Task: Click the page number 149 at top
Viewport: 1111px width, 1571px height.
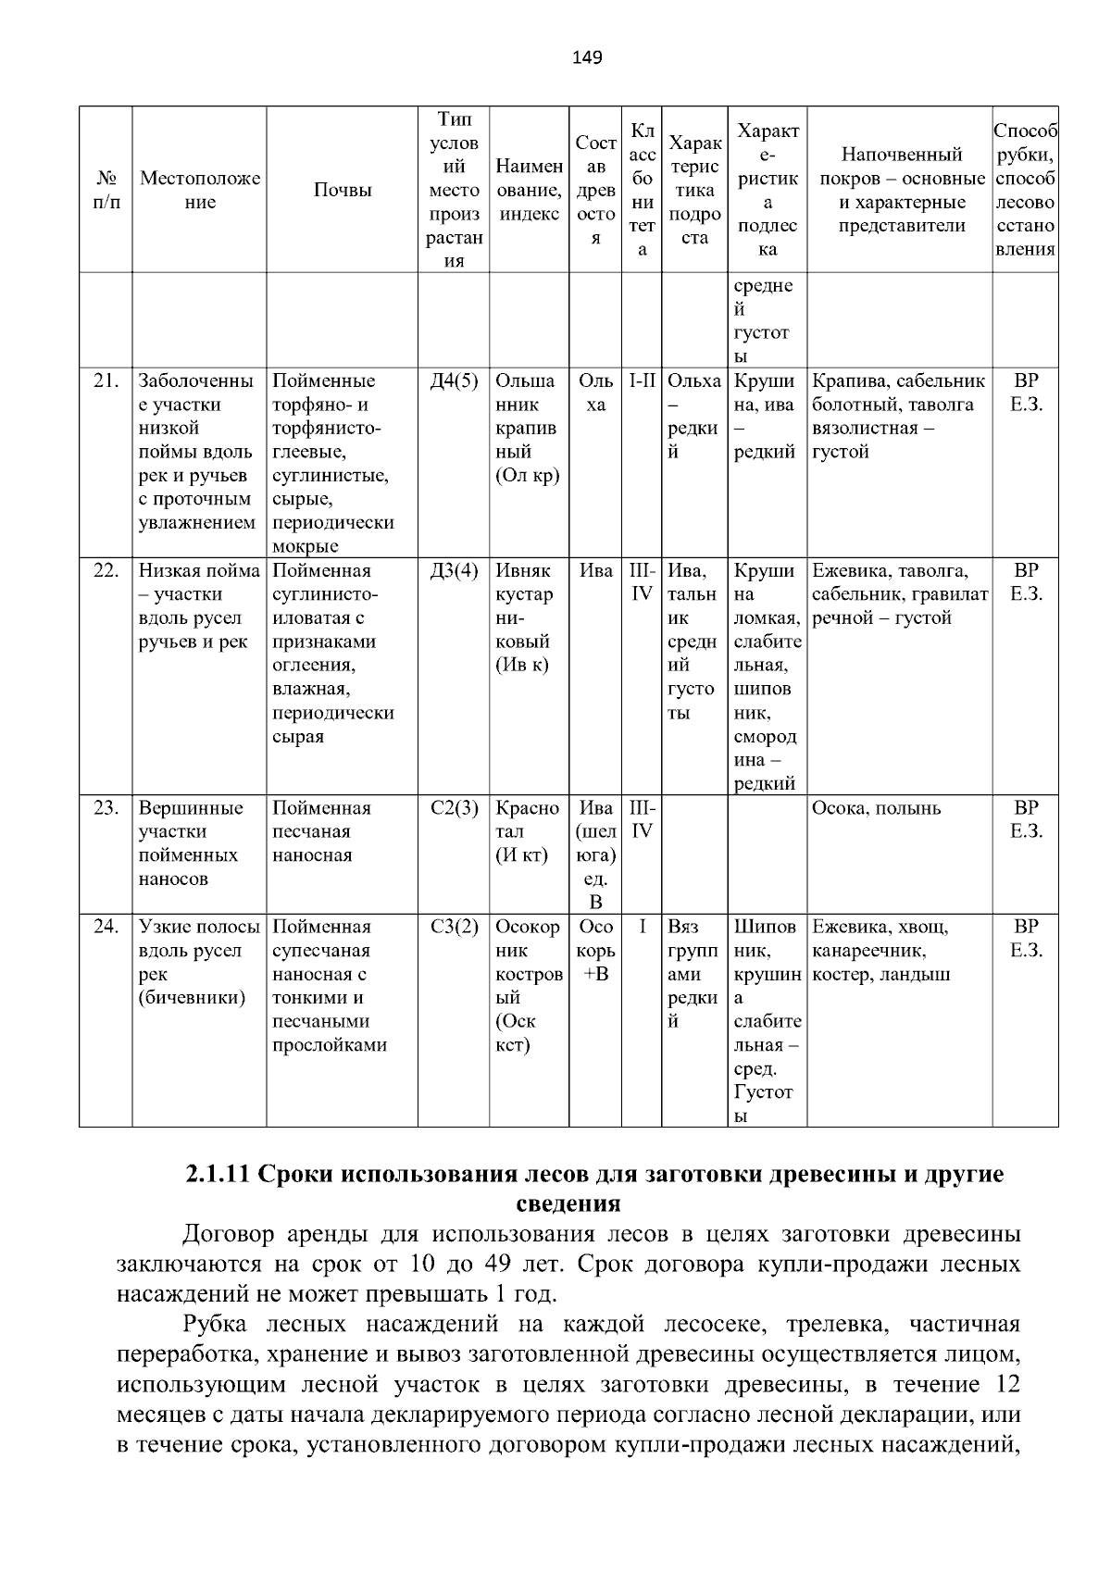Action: (586, 58)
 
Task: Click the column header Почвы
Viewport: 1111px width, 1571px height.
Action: (342, 190)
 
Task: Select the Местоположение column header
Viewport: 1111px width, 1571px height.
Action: (199, 190)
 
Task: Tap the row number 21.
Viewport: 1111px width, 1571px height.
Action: (106, 380)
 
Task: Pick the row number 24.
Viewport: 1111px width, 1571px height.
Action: (106, 927)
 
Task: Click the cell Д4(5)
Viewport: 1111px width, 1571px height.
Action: (454, 380)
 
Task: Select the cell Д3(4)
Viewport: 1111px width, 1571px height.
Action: (454, 570)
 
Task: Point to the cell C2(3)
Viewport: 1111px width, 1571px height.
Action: (454, 808)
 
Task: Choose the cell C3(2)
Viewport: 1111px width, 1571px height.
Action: (454, 927)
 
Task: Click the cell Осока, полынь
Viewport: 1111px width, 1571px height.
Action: (876, 808)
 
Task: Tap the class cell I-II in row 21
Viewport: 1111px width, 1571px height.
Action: (642, 380)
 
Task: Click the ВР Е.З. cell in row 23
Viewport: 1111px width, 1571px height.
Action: (1025, 819)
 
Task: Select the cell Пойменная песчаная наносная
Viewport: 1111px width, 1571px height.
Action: (322, 831)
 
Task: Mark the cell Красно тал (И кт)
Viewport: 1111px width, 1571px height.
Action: (527, 831)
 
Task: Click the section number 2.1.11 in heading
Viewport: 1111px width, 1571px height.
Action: (218, 1175)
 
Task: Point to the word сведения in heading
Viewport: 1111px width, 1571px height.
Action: (567, 1203)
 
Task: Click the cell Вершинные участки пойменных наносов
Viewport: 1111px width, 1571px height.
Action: (191, 842)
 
